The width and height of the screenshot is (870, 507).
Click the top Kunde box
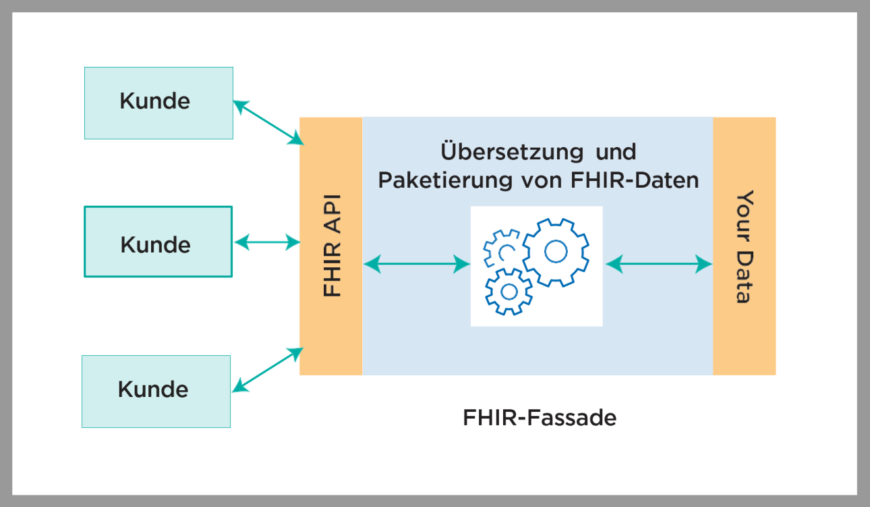(x=158, y=103)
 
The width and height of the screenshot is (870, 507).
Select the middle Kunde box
(x=158, y=242)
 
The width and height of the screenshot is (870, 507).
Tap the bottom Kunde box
(x=156, y=391)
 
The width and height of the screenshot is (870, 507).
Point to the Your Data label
(x=743, y=246)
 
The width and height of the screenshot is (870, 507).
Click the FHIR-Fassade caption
(x=539, y=418)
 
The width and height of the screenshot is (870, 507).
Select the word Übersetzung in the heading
(x=502, y=151)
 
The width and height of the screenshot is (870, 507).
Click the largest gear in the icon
(x=556, y=252)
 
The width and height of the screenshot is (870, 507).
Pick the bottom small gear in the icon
(x=509, y=291)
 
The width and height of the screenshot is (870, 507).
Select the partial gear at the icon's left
(x=500, y=249)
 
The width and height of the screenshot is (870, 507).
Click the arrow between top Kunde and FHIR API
(x=268, y=122)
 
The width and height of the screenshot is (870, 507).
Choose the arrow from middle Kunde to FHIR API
(x=267, y=242)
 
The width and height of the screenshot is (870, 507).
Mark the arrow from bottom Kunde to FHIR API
(x=268, y=369)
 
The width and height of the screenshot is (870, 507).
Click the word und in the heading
(x=616, y=151)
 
